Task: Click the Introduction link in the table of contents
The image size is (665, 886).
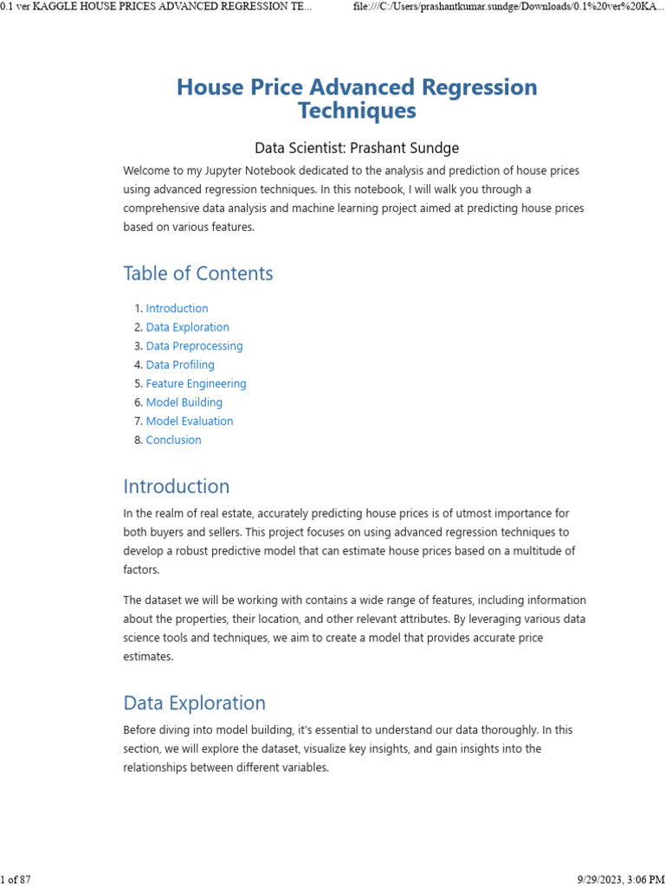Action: tap(177, 308)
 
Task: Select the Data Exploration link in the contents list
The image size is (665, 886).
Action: tap(187, 327)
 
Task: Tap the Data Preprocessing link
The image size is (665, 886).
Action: tap(194, 346)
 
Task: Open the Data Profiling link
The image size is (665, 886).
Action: tap(180, 365)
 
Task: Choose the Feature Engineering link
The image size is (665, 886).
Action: tap(196, 383)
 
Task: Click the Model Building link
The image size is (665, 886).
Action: tap(184, 402)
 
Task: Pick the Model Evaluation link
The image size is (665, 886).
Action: tap(189, 421)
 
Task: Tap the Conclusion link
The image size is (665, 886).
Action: tap(173, 440)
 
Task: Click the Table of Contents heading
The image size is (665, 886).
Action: tap(197, 273)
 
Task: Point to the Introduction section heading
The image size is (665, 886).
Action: tap(177, 486)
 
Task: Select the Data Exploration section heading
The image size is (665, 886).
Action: tap(194, 703)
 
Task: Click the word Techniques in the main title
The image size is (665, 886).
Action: tap(357, 111)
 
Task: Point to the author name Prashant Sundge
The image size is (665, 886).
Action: tap(404, 148)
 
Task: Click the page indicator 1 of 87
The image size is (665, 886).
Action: tap(16, 879)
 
